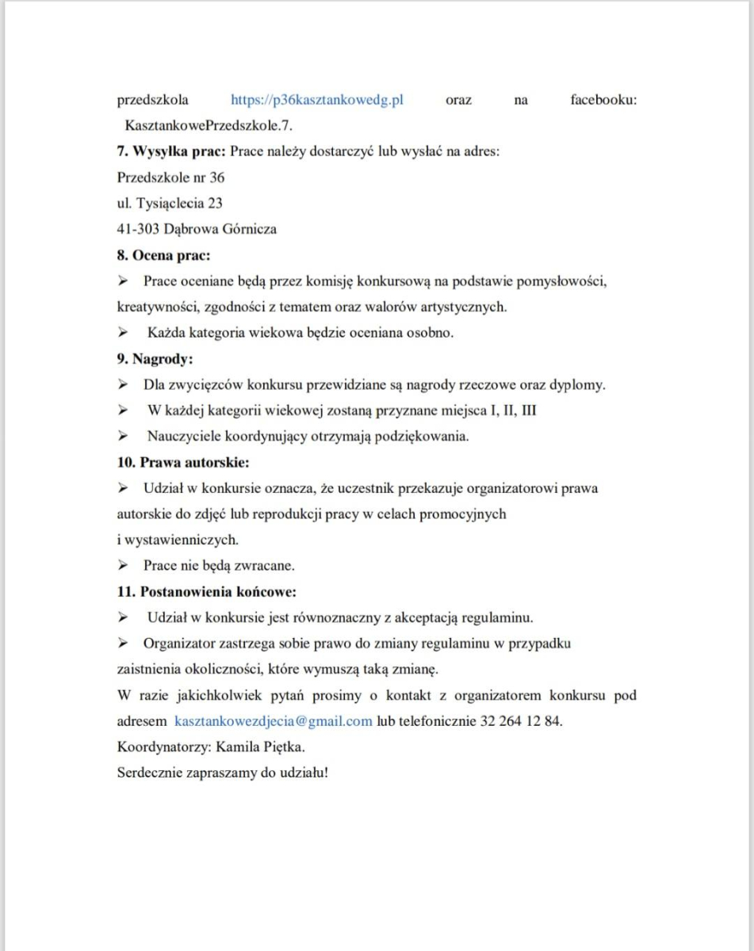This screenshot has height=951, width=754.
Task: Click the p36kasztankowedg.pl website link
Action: click(317, 101)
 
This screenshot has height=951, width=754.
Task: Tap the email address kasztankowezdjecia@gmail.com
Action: click(273, 721)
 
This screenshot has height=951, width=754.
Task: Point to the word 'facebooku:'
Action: click(603, 101)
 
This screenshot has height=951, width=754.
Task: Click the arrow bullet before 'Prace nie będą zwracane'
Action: click(123, 566)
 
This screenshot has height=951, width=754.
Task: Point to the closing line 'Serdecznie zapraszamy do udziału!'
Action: click(222, 772)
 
